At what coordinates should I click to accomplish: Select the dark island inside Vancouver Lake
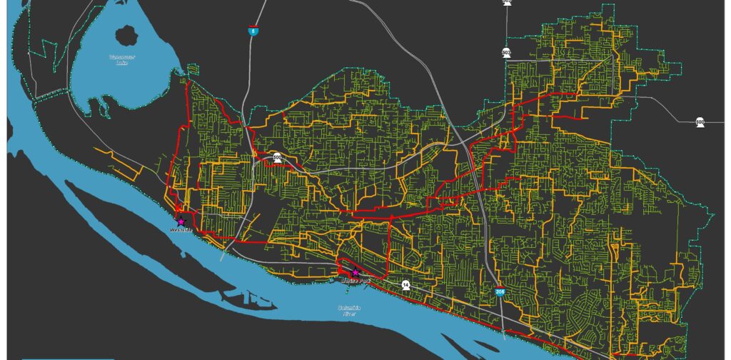point(129,33)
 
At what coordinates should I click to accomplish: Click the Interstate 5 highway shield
point(252,31)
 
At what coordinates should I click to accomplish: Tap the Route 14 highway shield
point(405,284)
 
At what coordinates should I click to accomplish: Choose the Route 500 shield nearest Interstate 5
point(276,157)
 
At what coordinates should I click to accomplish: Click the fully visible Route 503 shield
point(506,52)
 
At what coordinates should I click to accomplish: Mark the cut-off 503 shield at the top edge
point(507,2)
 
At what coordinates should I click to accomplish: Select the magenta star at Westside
point(181,222)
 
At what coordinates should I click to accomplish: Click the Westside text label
point(181,231)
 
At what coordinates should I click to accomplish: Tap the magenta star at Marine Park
point(356,272)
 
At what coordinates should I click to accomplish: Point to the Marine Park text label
point(356,280)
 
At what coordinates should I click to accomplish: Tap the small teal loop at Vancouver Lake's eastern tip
point(191,70)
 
